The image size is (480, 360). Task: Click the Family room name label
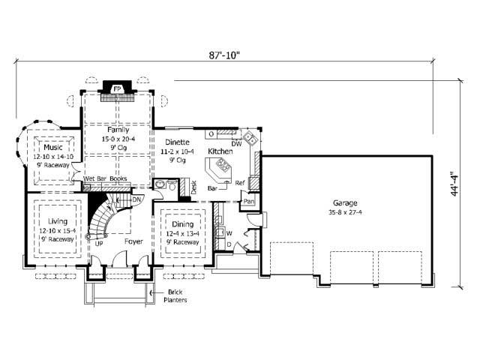[x=118, y=130]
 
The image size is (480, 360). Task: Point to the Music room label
[x=53, y=148]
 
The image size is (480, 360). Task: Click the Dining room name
[x=182, y=224]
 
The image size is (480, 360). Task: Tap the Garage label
[x=346, y=203]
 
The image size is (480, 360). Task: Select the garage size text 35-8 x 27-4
[x=346, y=213]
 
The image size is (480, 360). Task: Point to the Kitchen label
[x=220, y=152]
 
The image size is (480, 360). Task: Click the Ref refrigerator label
[x=240, y=183]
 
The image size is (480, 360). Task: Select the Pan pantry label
[x=249, y=202]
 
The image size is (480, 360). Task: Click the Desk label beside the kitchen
[x=193, y=187]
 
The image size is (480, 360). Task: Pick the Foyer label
[x=133, y=242]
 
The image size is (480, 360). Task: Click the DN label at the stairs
[x=136, y=199]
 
